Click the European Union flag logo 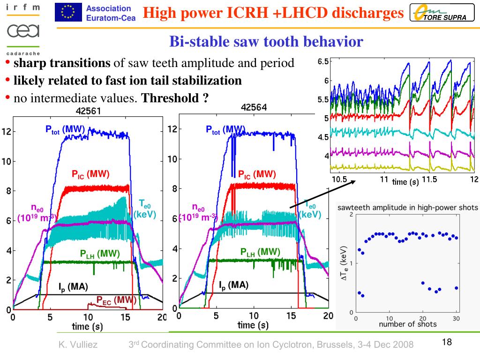point(67,12)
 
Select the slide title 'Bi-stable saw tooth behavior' point(266,42)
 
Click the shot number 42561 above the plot point(89,112)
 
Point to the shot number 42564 point(254,107)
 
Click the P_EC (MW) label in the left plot point(116,300)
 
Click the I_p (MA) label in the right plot point(233,285)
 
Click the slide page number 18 point(446,342)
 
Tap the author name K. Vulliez point(78,345)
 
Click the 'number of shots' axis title point(407,324)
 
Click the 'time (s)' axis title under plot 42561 point(87,326)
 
